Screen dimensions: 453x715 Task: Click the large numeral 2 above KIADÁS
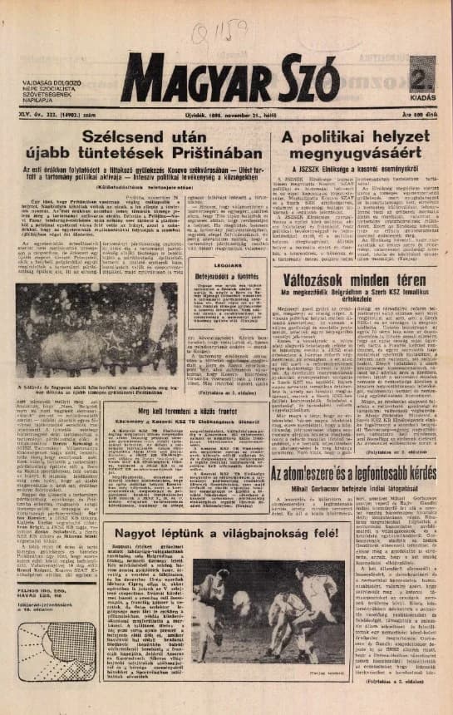[421, 73]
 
